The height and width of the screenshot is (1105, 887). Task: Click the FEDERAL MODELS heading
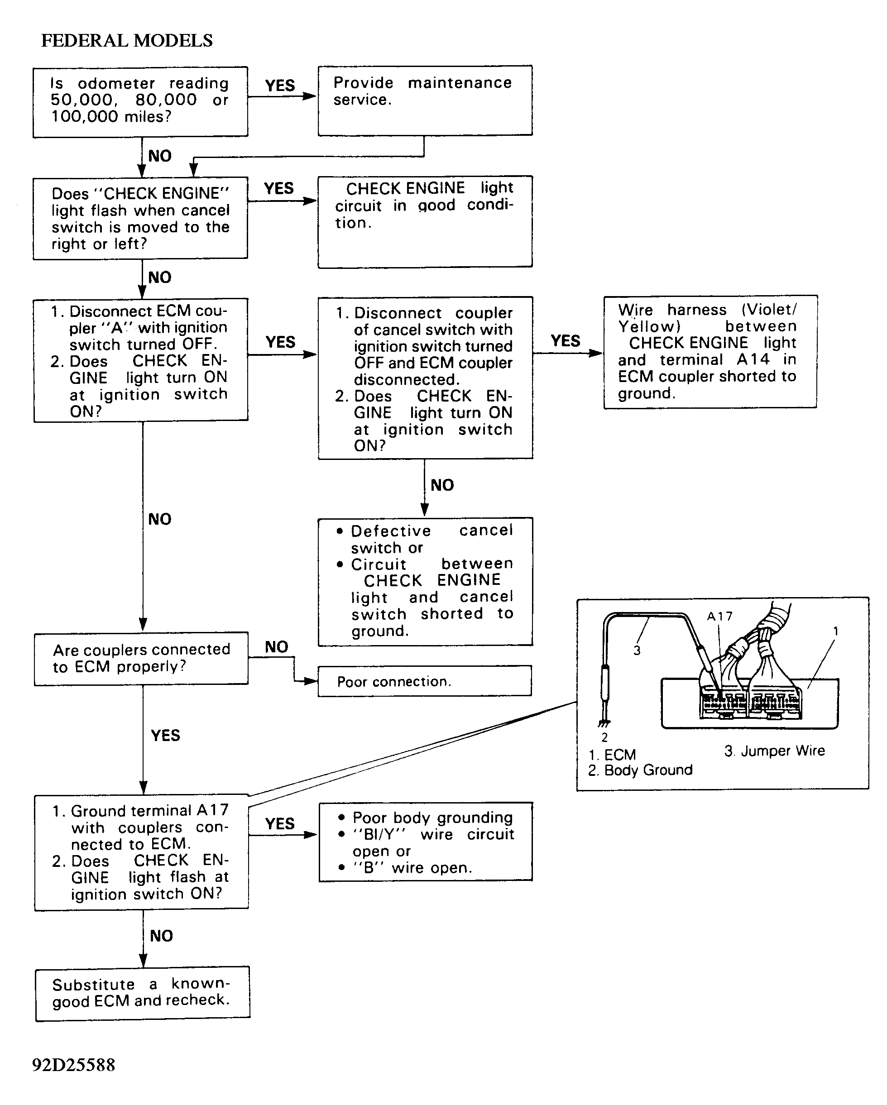tap(127, 40)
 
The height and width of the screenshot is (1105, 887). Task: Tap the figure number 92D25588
tap(74, 1065)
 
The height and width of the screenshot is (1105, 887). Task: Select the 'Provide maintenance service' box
tap(425, 100)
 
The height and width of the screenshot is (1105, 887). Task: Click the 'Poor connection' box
tap(425, 681)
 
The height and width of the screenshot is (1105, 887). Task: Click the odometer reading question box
tap(140, 102)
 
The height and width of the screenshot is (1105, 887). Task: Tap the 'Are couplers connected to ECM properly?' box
tap(141, 659)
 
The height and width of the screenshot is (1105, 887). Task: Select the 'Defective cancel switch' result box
tap(425, 582)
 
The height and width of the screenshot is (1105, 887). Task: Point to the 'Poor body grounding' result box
tap(426, 842)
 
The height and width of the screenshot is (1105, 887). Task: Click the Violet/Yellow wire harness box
tap(710, 352)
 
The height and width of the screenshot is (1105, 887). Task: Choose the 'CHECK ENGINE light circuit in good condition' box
tap(425, 222)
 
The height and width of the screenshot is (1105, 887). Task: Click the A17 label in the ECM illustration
tap(720, 617)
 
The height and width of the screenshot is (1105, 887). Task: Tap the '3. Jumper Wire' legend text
tap(774, 751)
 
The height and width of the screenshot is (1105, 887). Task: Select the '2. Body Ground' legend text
tap(640, 770)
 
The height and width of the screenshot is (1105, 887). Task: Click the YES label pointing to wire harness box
tap(566, 341)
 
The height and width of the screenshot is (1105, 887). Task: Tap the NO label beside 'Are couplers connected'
tap(276, 647)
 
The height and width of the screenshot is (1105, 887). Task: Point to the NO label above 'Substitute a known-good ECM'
tap(162, 936)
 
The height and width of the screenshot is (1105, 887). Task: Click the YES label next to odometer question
tap(280, 86)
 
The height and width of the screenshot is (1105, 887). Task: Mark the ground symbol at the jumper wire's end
tap(604, 724)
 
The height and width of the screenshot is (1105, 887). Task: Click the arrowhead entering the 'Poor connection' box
tap(311, 681)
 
